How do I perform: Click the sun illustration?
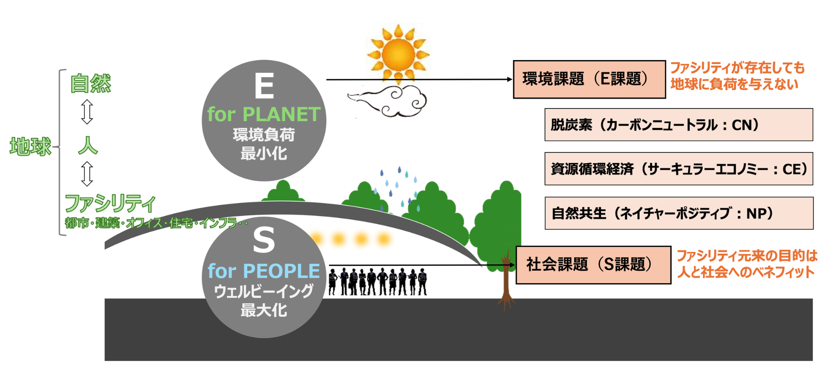398,54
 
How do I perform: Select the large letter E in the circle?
264,86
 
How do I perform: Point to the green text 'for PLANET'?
264,114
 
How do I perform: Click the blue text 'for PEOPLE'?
264,271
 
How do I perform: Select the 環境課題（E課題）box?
589,79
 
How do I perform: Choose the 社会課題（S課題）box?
593,265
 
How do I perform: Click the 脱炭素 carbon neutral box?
679,125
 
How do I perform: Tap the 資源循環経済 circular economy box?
679,169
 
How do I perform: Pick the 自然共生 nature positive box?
679,213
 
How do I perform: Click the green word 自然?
91,83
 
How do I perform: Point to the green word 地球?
30,146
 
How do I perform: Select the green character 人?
88,145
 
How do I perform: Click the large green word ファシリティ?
110,203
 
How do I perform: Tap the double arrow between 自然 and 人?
87,112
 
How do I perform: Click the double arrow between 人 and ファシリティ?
87,174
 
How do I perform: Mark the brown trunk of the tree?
506,281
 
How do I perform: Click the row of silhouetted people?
378,281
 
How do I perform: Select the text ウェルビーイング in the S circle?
264,291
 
